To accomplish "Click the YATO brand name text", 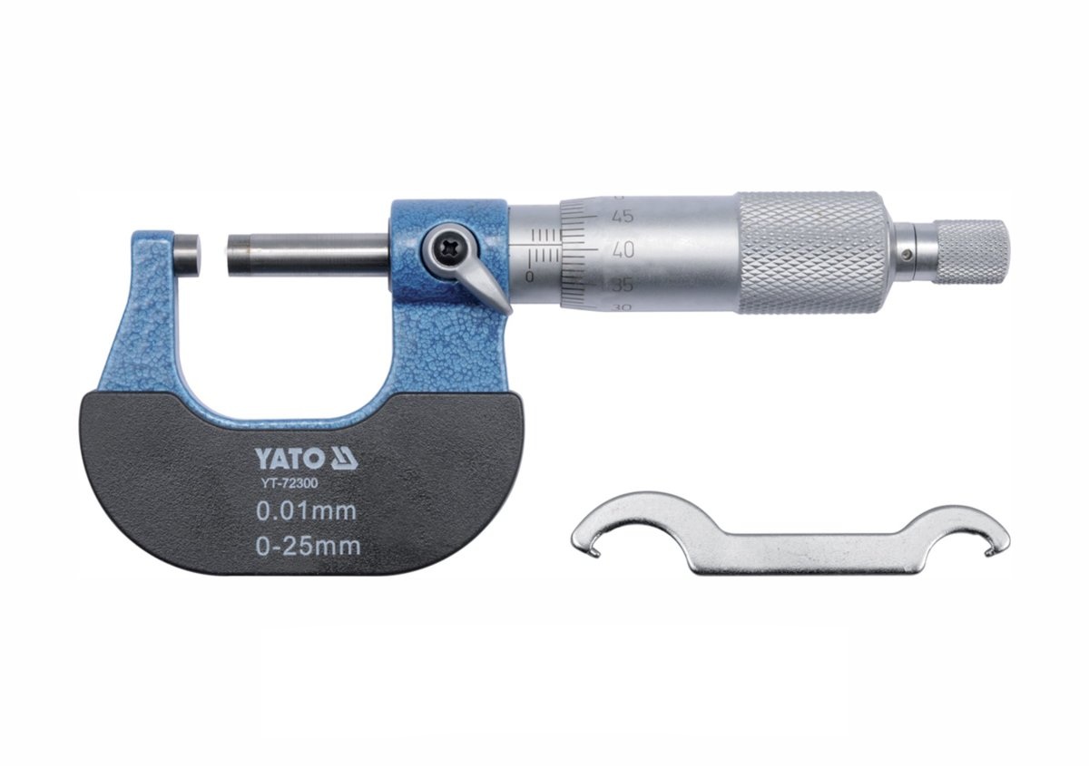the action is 289,459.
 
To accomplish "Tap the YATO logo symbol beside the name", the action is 344,459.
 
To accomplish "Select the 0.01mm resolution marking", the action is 307,512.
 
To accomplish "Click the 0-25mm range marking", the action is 309,547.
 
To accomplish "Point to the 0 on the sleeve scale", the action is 530,277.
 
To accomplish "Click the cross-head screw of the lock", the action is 446,250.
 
